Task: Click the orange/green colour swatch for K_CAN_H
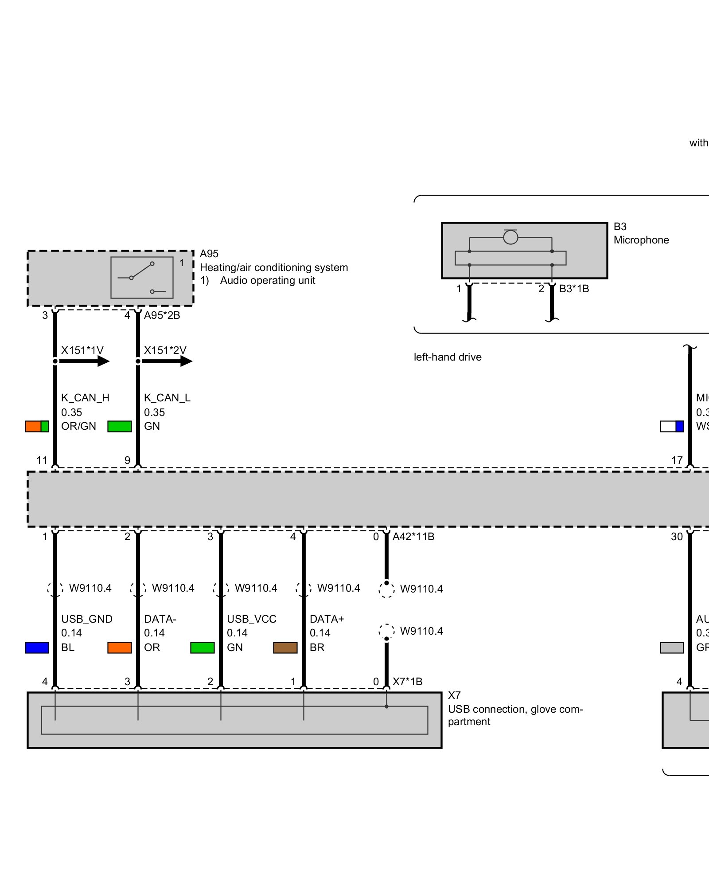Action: click(x=37, y=426)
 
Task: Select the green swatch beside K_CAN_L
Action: click(x=120, y=426)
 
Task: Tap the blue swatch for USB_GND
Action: click(x=37, y=648)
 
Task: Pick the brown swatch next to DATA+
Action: click(x=285, y=648)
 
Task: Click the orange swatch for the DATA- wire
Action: click(x=120, y=648)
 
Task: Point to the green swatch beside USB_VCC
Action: click(x=203, y=648)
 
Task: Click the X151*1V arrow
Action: click(x=84, y=361)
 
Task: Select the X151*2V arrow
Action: click(x=167, y=361)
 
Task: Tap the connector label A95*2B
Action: click(x=162, y=315)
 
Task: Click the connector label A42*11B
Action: click(x=413, y=537)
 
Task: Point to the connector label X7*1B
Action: click(x=407, y=682)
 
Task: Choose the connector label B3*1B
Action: click(x=574, y=289)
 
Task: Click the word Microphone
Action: click(x=641, y=240)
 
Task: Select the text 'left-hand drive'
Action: click(x=448, y=357)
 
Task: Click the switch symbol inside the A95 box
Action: click(x=142, y=277)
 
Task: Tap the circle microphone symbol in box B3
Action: click(x=510, y=237)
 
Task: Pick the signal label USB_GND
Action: click(x=87, y=619)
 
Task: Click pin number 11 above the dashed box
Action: click(x=42, y=460)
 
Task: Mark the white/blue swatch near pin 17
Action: click(x=672, y=426)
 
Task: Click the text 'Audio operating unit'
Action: click(x=268, y=280)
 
